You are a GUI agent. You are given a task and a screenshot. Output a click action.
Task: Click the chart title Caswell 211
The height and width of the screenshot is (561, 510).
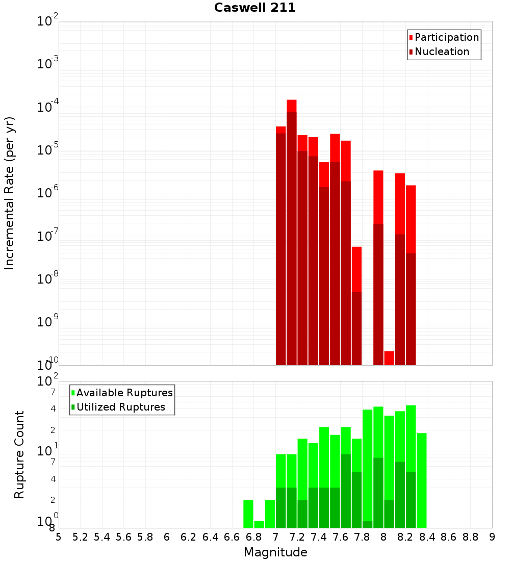(x=255, y=8)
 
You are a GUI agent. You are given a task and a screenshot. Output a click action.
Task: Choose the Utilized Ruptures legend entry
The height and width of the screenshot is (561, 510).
(x=120, y=407)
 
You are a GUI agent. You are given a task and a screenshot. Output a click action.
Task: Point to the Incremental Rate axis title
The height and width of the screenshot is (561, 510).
(x=10, y=193)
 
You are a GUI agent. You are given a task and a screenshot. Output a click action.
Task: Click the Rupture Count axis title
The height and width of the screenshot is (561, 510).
(x=19, y=454)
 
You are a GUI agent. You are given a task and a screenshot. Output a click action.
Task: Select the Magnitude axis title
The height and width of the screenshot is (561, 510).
(x=275, y=552)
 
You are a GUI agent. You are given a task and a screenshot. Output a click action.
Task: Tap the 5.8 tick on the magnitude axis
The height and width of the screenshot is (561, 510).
(x=145, y=537)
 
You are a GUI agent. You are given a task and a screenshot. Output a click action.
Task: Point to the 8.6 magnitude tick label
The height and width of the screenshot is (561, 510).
(x=449, y=537)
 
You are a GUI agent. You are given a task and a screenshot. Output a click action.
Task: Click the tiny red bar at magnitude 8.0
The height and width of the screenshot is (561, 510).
(x=389, y=358)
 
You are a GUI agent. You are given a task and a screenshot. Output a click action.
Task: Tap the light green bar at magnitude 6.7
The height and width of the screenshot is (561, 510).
(x=248, y=514)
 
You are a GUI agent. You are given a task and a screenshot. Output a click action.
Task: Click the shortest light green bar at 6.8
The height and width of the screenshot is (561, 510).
(x=259, y=524)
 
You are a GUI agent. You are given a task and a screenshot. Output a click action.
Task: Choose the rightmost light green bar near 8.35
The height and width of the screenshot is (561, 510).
(x=422, y=480)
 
